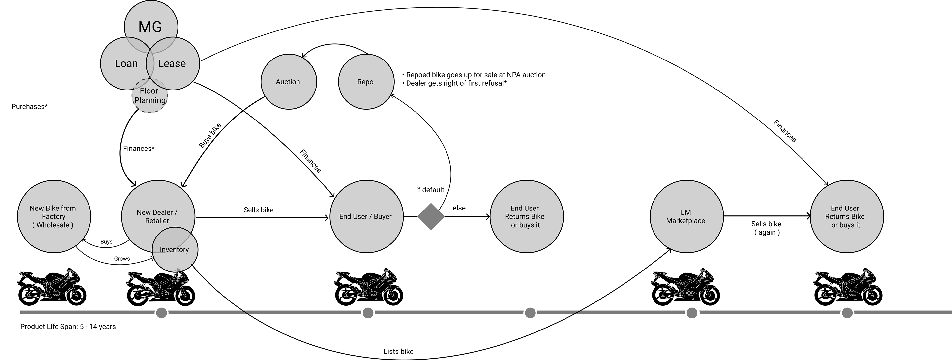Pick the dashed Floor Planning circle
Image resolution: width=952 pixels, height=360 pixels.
(150, 96)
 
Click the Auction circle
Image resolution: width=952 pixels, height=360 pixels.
(288, 82)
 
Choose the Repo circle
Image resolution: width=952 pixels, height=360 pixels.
(366, 82)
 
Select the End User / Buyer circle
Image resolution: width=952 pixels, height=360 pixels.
(366, 217)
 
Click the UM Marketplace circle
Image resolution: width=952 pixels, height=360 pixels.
(686, 217)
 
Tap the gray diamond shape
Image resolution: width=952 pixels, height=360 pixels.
(431, 217)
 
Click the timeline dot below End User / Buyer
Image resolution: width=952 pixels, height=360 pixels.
(368, 313)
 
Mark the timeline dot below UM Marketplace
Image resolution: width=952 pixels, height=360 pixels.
(692, 313)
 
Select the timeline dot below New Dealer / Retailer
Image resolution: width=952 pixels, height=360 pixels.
(161, 313)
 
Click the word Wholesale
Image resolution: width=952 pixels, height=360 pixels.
(53, 225)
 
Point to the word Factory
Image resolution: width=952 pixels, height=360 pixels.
(54, 217)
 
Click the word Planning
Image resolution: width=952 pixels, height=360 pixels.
(150, 100)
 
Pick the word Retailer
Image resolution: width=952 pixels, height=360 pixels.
(157, 221)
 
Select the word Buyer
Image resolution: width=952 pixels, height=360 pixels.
(383, 217)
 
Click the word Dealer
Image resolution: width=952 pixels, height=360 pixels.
(160, 212)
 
